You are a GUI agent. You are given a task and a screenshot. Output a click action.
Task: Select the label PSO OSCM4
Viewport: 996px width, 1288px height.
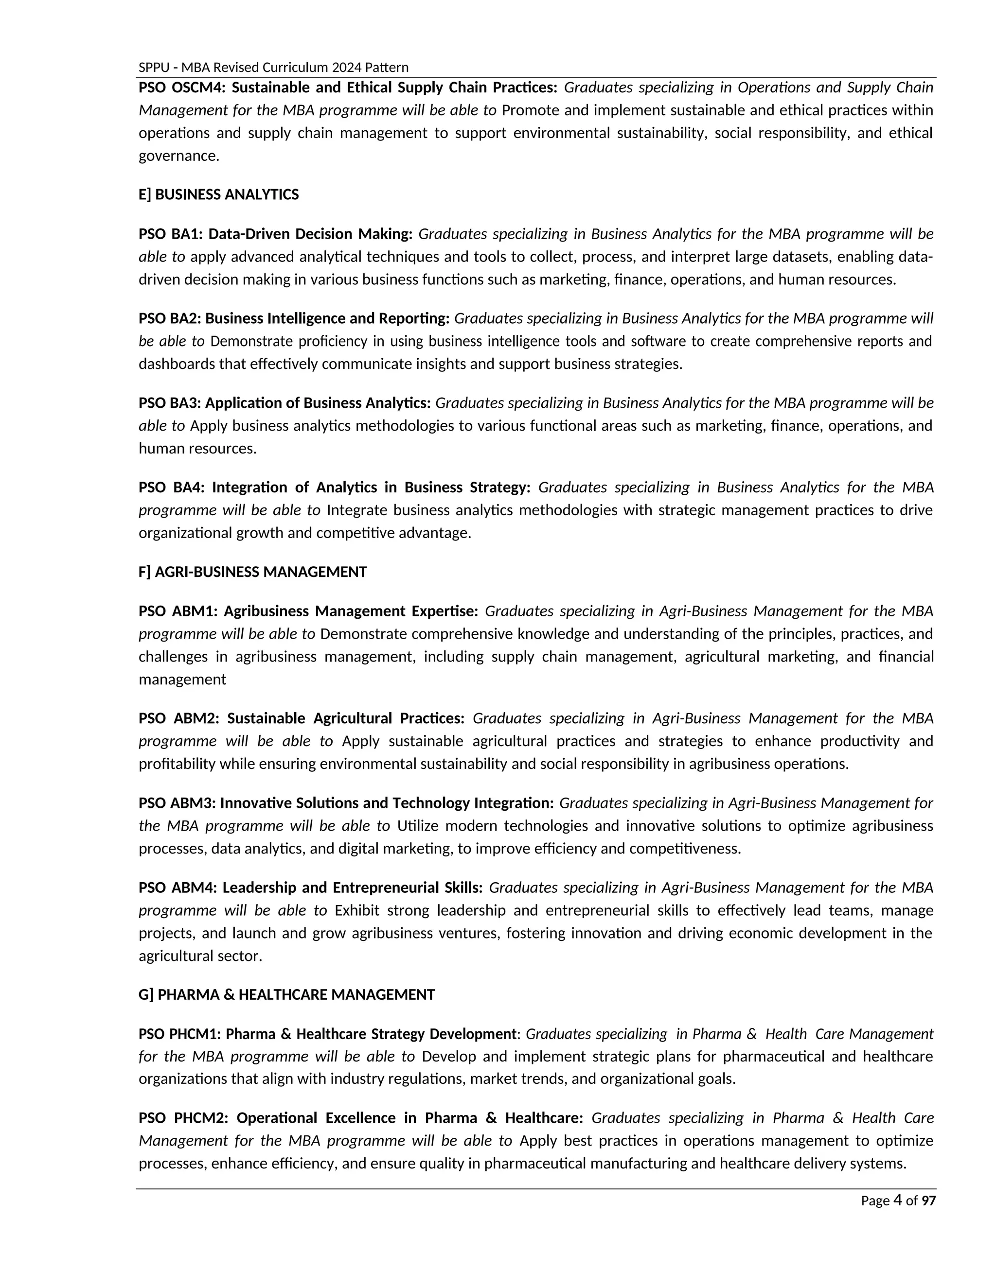point(182,88)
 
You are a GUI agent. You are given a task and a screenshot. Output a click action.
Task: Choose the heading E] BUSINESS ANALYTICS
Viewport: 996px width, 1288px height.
point(218,194)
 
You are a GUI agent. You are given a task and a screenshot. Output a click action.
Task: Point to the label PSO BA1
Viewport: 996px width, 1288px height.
point(170,234)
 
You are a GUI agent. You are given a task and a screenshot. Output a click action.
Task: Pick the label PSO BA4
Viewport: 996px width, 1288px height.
point(171,487)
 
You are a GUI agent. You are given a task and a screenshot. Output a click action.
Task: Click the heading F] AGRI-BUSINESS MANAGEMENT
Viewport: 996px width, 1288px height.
point(252,572)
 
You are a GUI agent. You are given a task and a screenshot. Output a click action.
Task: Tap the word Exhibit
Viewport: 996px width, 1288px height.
point(357,910)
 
